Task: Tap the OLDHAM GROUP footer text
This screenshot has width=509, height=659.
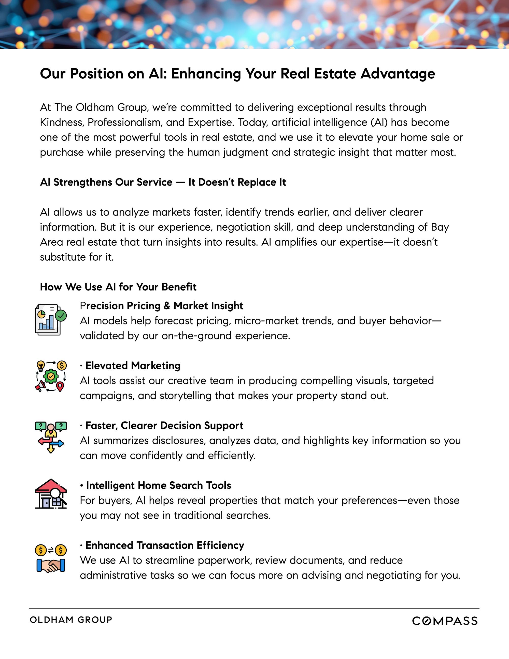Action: [x=71, y=620]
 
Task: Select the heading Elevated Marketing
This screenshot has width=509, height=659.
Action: [x=133, y=366]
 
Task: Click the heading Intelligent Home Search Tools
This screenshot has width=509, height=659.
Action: [x=158, y=485]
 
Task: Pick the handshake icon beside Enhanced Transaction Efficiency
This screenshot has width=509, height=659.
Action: [x=51, y=566]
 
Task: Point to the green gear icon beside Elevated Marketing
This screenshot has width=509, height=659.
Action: [x=51, y=376]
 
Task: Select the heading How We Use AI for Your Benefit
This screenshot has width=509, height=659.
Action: [x=118, y=287]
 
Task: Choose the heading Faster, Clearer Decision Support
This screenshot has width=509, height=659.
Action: [x=164, y=425]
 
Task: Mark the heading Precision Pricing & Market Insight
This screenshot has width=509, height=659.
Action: [x=161, y=306]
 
